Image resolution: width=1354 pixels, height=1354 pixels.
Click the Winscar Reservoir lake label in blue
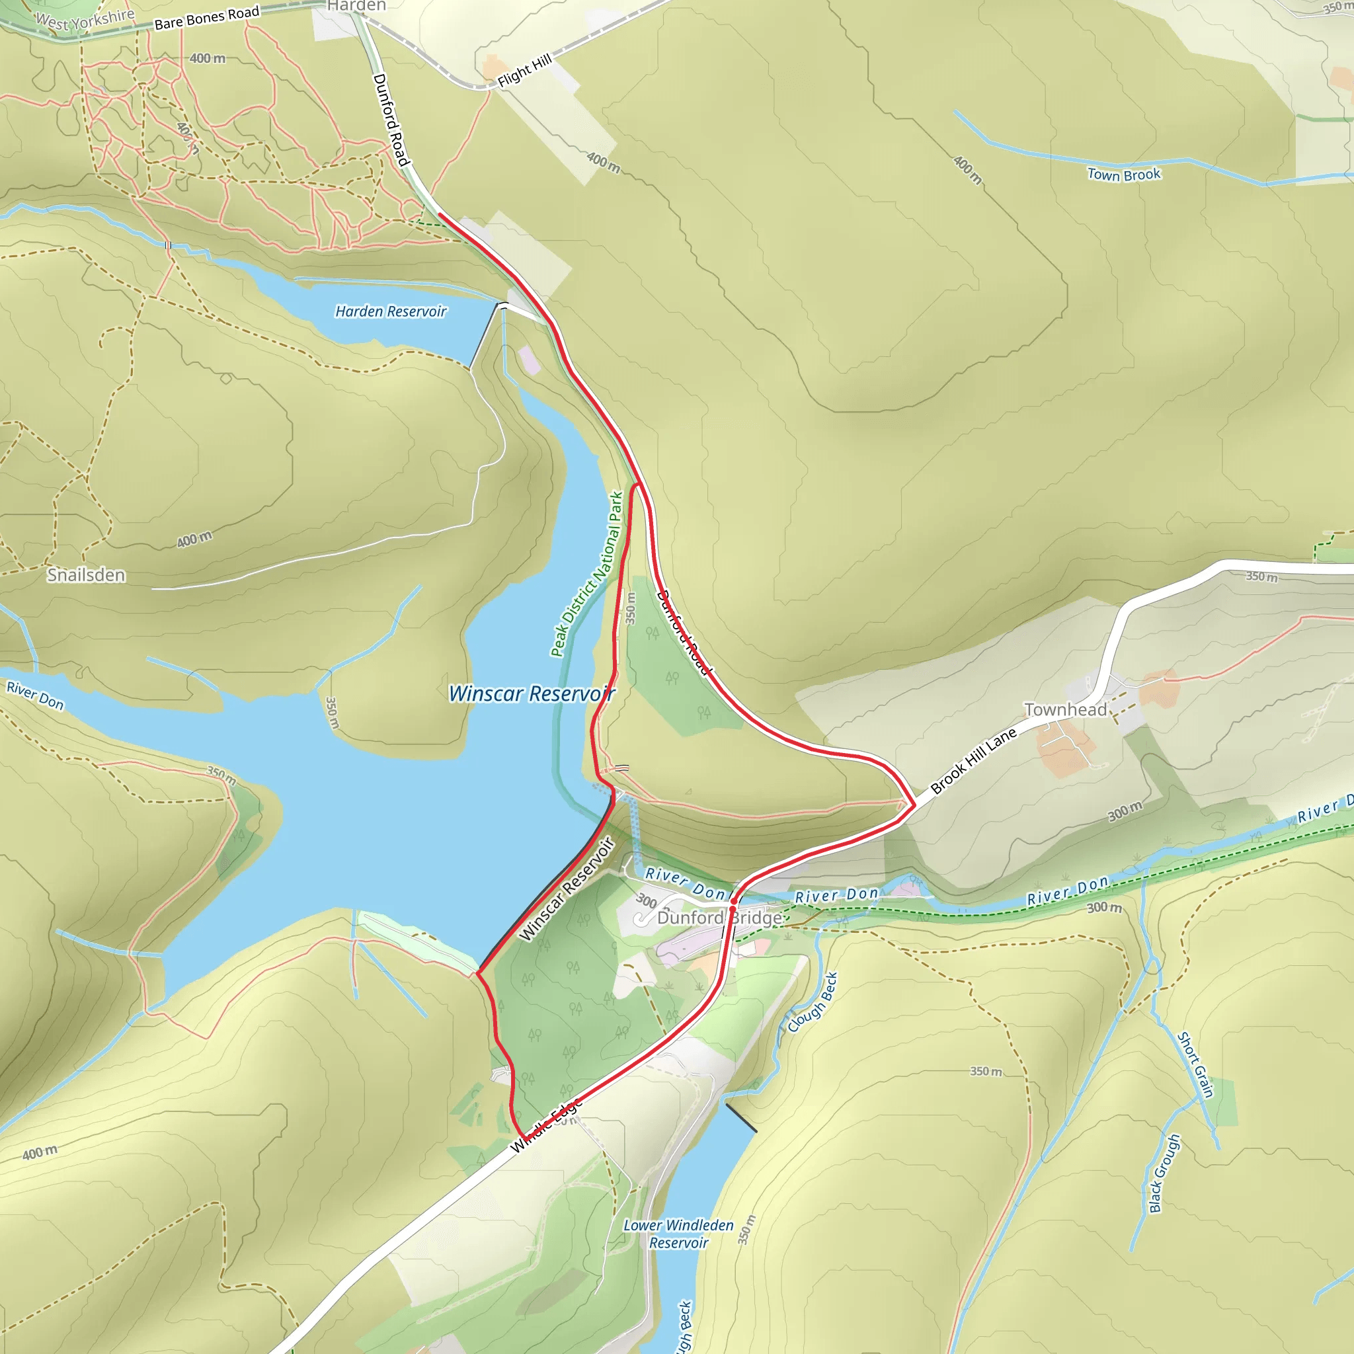[532, 694]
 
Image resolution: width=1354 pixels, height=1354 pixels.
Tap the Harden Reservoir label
[390, 311]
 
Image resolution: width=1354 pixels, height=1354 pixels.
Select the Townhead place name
[1065, 710]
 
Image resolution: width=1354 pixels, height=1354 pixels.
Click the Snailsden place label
[86, 575]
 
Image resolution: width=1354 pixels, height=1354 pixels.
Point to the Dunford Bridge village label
[719, 918]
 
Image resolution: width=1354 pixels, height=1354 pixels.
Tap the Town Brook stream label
[1123, 175]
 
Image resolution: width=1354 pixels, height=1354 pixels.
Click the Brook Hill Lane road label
[973, 761]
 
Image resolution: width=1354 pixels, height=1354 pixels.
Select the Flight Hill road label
[525, 71]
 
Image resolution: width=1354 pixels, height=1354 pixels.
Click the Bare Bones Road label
[207, 19]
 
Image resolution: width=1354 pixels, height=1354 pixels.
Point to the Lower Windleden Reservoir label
[678, 1234]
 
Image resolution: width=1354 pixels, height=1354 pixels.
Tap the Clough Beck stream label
[813, 1002]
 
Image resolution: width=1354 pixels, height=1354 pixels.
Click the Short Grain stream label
[1195, 1064]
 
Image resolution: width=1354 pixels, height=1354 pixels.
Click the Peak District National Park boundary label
[587, 574]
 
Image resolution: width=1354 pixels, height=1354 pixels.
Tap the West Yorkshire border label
[85, 20]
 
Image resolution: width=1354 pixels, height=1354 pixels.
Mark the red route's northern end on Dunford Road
[440, 214]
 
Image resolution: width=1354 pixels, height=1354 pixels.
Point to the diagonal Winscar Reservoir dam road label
[567, 889]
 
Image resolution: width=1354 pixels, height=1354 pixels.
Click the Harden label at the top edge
[356, 5]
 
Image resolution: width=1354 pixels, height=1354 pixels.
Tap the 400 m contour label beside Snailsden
[194, 539]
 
